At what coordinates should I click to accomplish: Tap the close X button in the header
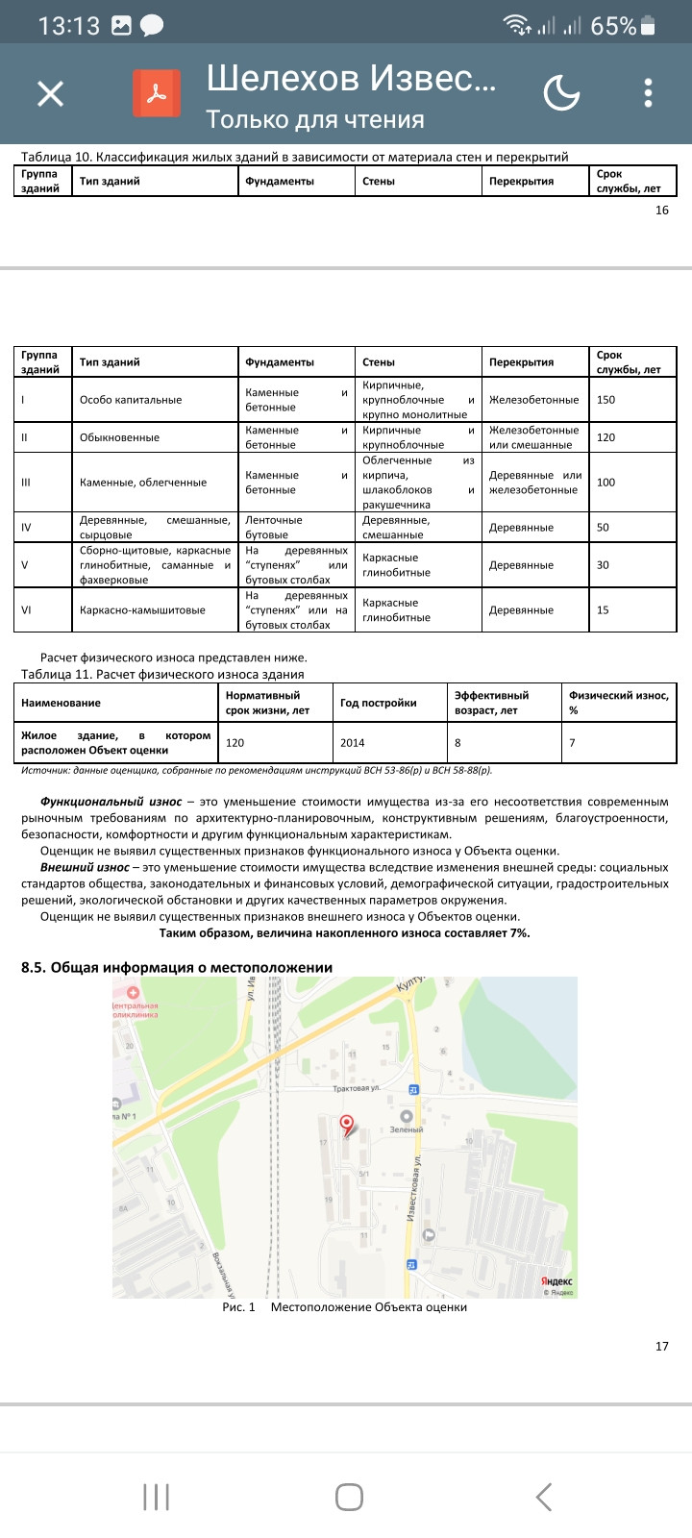pos(50,93)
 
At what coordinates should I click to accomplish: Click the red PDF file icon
pos(157,93)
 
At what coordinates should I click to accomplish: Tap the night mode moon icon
pos(561,93)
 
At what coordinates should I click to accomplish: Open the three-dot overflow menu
pos(649,93)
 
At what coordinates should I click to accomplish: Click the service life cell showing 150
pos(605,400)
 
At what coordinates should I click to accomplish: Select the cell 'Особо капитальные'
pos(131,400)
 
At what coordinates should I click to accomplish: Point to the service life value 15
pos(603,610)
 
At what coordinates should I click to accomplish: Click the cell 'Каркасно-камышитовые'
pos(142,610)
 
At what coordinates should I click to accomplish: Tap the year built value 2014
pos(353,743)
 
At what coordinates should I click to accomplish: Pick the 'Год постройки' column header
pos(379,703)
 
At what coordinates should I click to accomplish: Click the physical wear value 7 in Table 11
pos(572,743)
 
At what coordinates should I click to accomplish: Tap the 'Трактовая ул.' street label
pos(357,1089)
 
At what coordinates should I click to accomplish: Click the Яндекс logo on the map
pos(556,1281)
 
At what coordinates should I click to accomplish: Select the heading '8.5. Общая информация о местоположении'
pos(177,967)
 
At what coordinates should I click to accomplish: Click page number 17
pos(661,1346)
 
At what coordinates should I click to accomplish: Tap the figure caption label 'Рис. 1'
pos(238,1307)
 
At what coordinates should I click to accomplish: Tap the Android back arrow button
pos(544,1497)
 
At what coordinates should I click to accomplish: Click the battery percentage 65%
pos(612,26)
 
